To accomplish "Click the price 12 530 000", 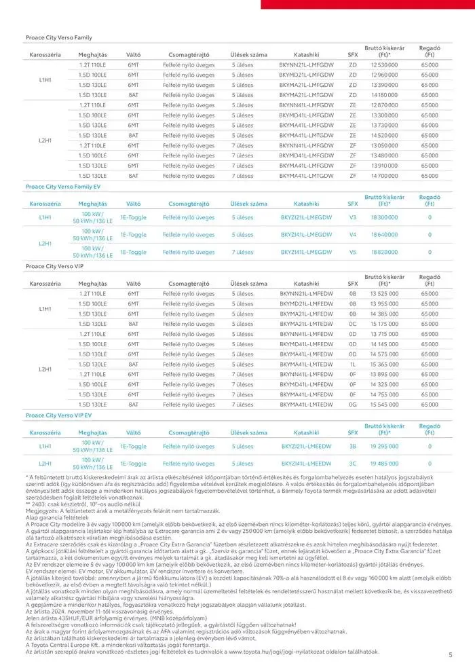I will click(x=384, y=64).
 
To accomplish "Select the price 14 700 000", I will click(x=384, y=176).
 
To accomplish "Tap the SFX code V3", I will click(x=352, y=217).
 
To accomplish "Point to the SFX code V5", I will click(x=352, y=252).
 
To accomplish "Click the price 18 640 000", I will click(x=384, y=235).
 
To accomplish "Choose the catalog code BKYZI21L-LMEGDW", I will click(x=306, y=217).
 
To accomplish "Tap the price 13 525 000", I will click(x=384, y=293).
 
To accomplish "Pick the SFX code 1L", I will click(x=352, y=365).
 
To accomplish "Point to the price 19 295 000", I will click(x=384, y=446).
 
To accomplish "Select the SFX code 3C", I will click(x=352, y=464).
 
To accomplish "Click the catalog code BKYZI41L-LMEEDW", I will click(x=306, y=464).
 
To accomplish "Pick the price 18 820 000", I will click(x=384, y=252).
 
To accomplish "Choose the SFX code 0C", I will click(x=352, y=324).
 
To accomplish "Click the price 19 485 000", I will click(x=384, y=464).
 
